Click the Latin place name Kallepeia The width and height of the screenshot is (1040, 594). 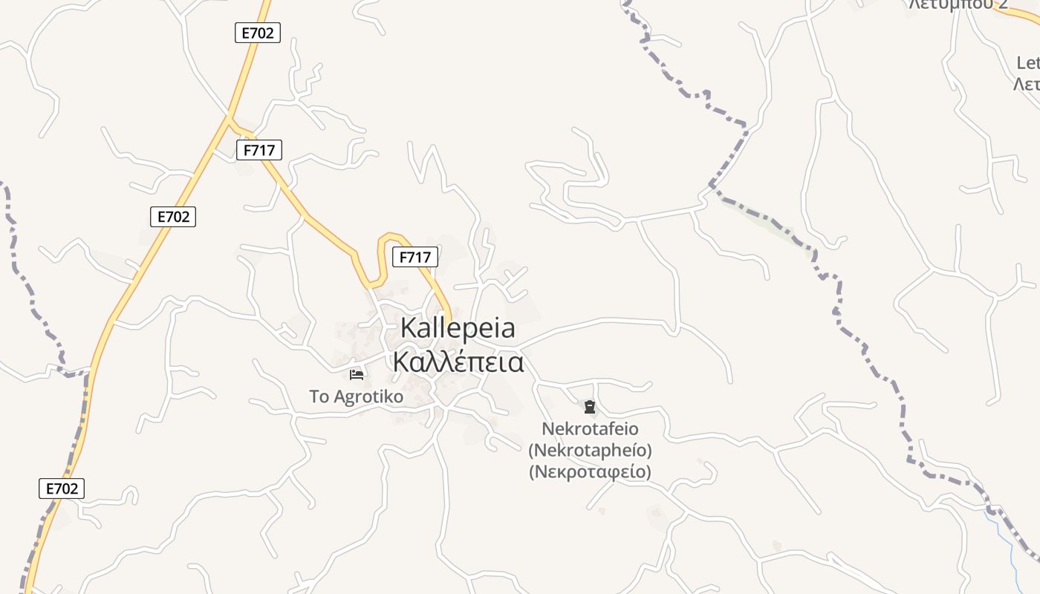[x=458, y=328]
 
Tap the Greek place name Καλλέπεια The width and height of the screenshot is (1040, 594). [x=458, y=362]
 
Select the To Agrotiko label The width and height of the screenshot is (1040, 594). [x=357, y=396]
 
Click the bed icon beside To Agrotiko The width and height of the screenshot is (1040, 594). [x=357, y=374]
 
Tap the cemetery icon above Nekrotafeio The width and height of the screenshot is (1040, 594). [x=589, y=407]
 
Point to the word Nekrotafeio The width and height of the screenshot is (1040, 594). [x=590, y=429]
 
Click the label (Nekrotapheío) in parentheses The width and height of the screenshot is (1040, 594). [x=590, y=450]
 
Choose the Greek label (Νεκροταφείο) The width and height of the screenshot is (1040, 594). [x=590, y=471]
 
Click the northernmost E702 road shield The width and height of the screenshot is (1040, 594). [x=258, y=33]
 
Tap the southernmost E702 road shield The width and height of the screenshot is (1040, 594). [x=62, y=489]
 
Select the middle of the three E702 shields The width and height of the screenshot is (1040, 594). [x=173, y=217]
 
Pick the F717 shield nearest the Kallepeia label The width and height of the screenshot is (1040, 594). [x=415, y=258]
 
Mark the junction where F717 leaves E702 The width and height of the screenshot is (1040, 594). [x=229, y=118]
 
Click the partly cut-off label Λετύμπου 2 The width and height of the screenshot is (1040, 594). [x=958, y=4]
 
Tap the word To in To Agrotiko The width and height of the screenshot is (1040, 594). [x=319, y=396]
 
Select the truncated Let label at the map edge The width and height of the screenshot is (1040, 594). [x=1028, y=62]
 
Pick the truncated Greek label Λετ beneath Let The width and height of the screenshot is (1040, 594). [x=1027, y=85]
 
